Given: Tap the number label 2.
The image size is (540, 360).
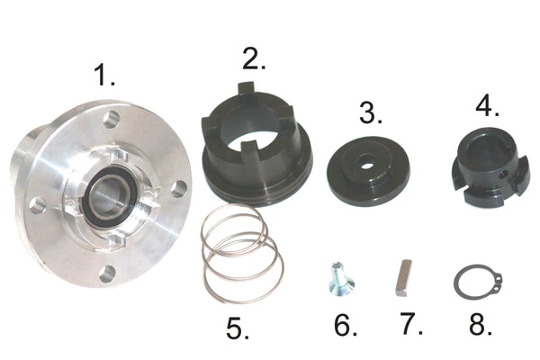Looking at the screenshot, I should (x=254, y=60).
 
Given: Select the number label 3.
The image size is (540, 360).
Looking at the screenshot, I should (x=370, y=114).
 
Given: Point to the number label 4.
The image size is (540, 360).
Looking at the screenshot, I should (x=487, y=107).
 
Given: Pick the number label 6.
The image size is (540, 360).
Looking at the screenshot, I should (x=345, y=325).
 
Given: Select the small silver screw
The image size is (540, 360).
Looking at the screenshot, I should (x=338, y=276).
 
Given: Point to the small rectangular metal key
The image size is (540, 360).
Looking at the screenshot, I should (x=403, y=278).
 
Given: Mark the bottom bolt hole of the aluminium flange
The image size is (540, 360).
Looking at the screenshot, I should (x=108, y=273).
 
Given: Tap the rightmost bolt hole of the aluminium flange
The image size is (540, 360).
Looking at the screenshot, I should (x=178, y=188).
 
